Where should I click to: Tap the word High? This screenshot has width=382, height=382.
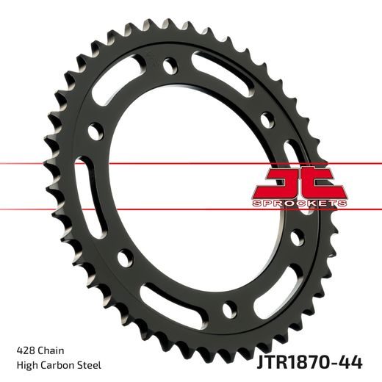(x=27, y=365)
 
